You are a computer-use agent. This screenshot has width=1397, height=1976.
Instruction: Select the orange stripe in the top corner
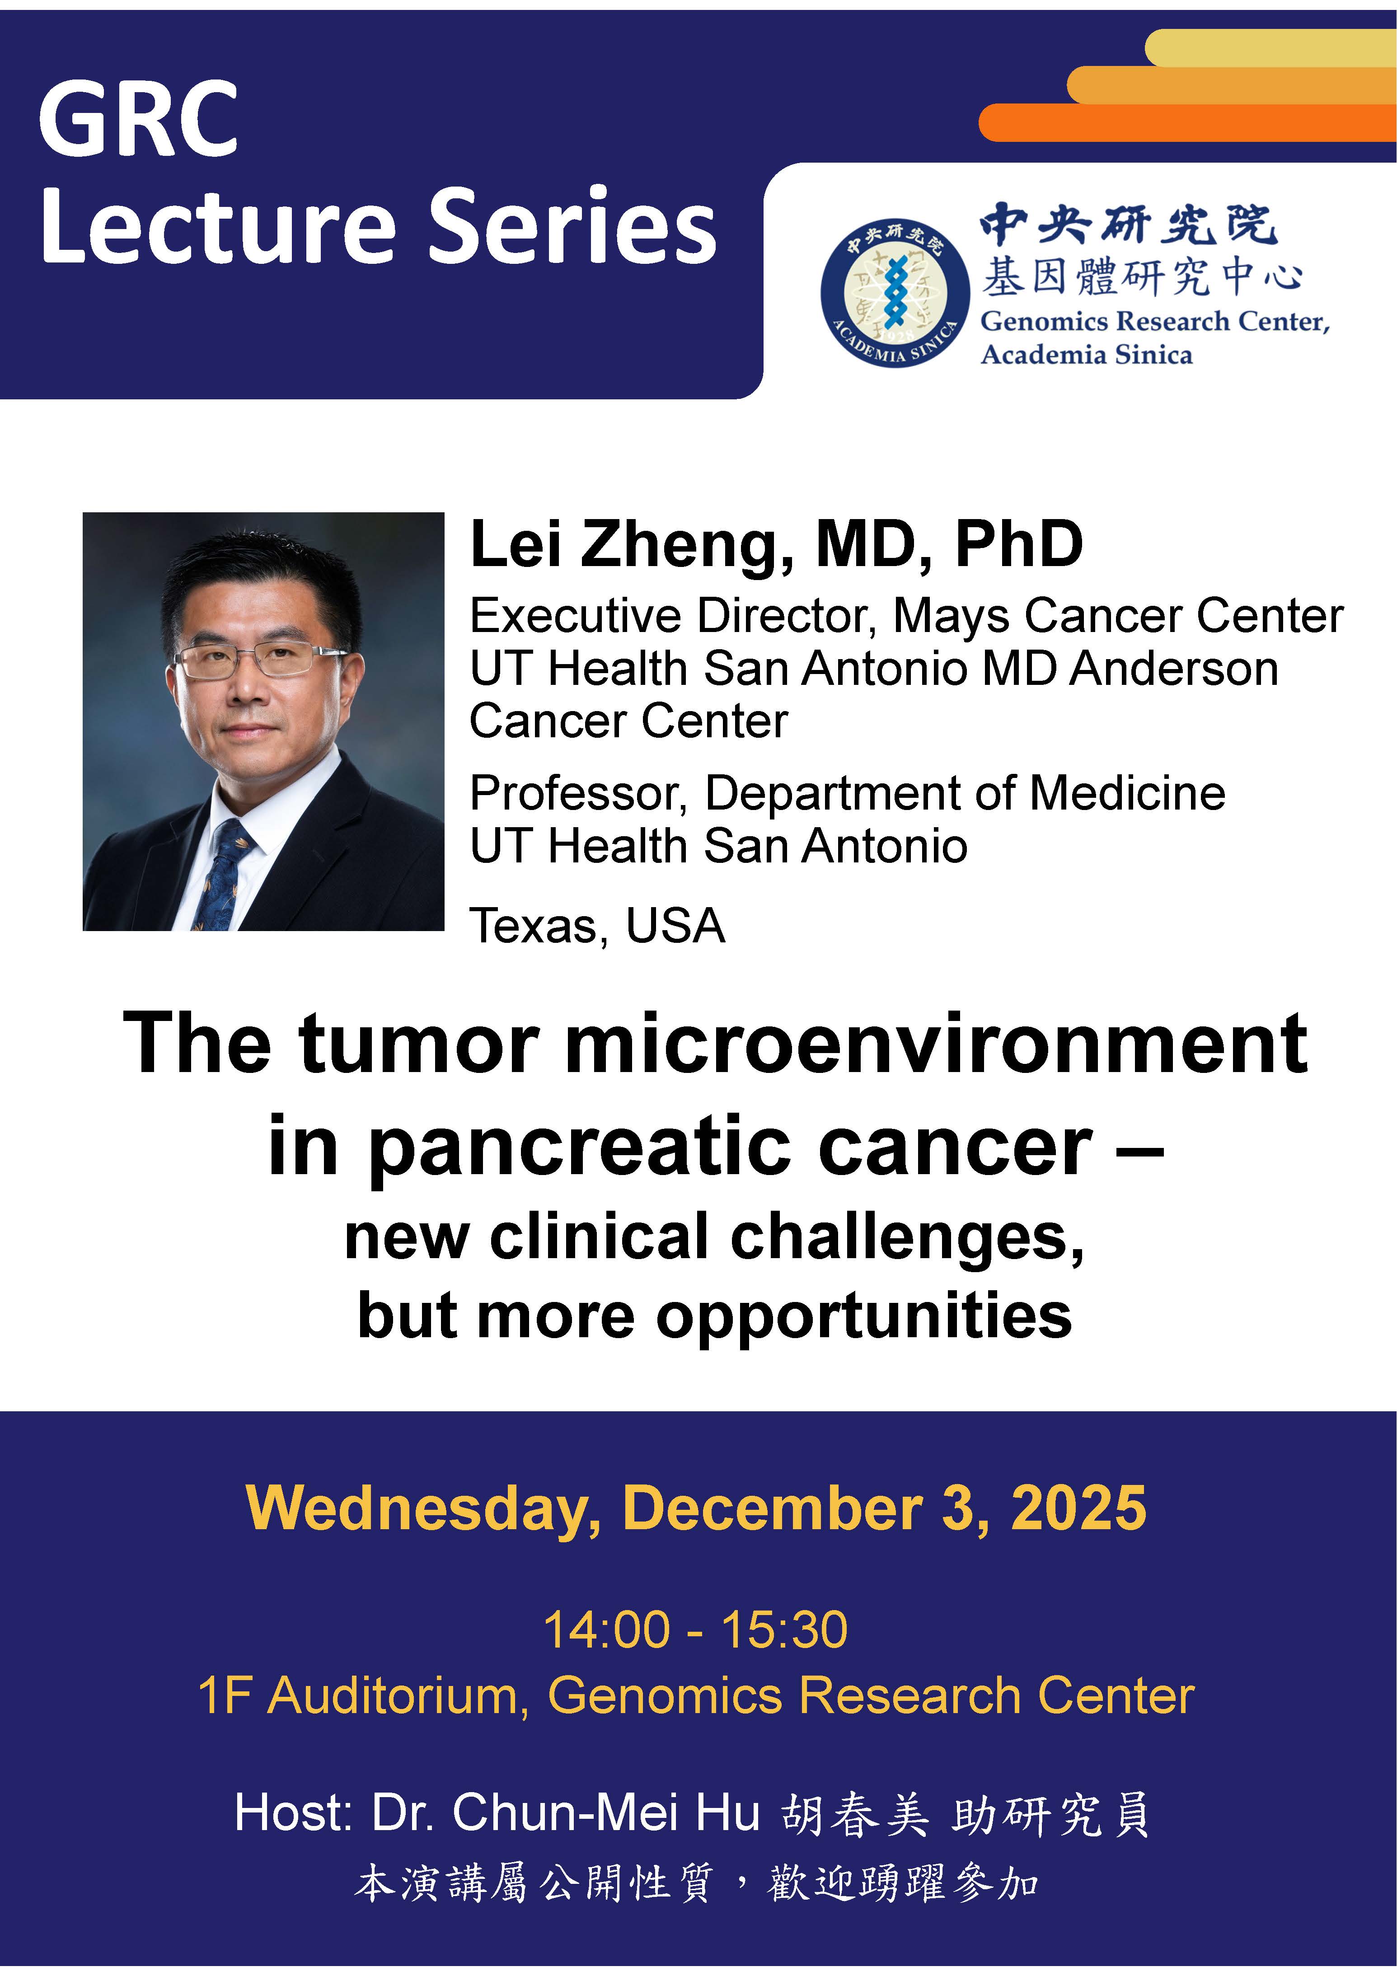pyautogui.click(x=1188, y=122)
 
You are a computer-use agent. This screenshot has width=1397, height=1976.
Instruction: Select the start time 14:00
pyautogui.click(x=607, y=1630)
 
